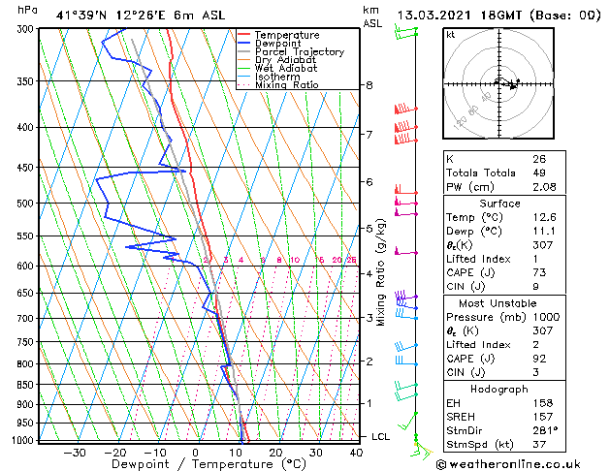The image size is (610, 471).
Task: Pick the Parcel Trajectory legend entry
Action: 299,52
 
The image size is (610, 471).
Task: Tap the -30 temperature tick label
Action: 75,453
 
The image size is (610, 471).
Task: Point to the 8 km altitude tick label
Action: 369,85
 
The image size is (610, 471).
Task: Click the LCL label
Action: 381,437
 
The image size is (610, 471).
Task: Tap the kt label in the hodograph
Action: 450,35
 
